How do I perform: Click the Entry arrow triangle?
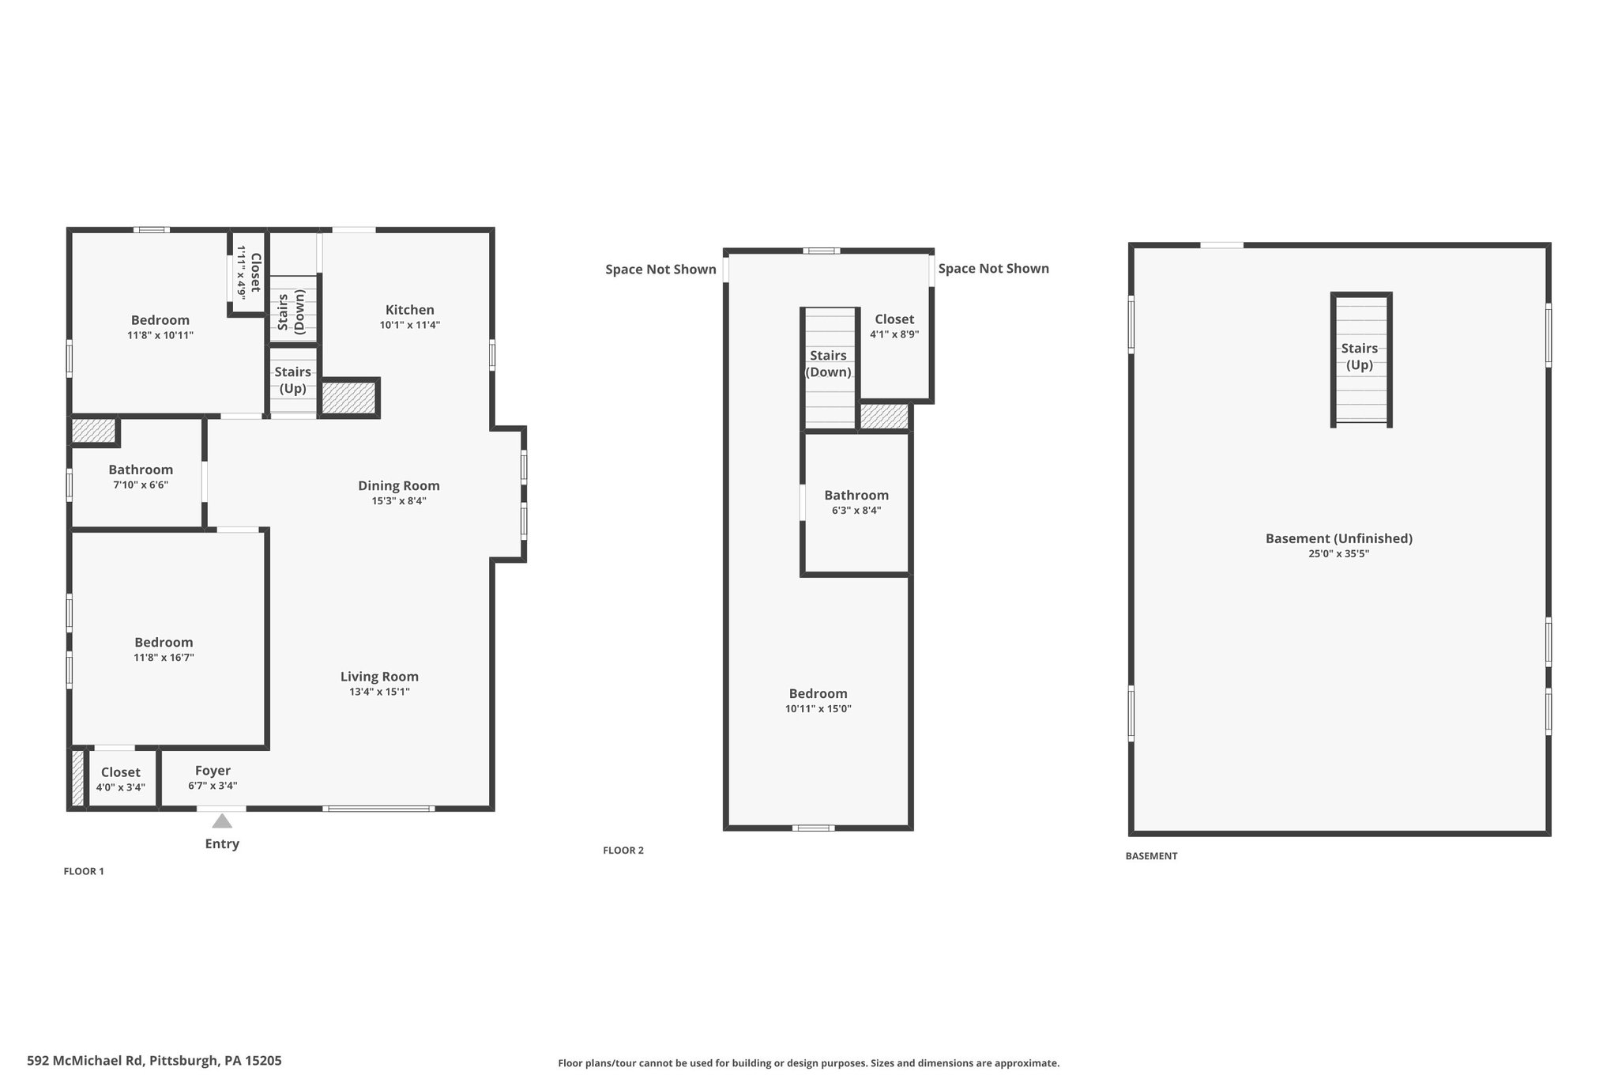click(x=222, y=821)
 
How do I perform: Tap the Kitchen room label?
click(x=410, y=310)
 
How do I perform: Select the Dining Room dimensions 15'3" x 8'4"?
click(x=399, y=500)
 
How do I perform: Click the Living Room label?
click(x=379, y=677)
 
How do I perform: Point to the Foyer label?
click(x=213, y=771)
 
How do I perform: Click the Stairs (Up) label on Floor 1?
click(x=292, y=380)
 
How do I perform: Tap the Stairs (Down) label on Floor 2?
click(x=828, y=364)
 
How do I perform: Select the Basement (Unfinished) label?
click(x=1339, y=538)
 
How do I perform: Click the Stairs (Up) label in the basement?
click(x=1360, y=357)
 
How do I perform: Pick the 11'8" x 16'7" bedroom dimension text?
click(x=164, y=657)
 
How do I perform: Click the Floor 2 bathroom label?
click(x=856, y=496)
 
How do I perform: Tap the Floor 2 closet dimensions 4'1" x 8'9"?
click(x=894, y=334)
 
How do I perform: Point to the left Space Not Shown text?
click(x=660, y=270)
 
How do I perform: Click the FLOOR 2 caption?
click(x=623, y=851)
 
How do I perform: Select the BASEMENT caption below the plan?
click(x=1151, y=856)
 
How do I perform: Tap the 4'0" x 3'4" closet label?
click(x=121, y=787)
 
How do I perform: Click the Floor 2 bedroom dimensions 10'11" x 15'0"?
click(x=818, y=709)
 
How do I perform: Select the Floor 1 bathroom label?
click(x=141, y=470)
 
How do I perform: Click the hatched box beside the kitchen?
click(x=348, y=398)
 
